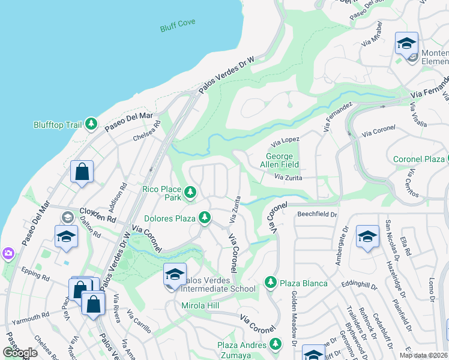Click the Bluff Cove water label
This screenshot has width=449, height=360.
pyautogui.click(x=178, y=28)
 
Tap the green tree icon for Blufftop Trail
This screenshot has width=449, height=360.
pyautogui.click(x=91, y=124)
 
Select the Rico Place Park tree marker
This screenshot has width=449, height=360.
pyautogui.click(x=190, y=192)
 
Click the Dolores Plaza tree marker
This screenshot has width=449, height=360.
pyautogui.click(x=205, y=217)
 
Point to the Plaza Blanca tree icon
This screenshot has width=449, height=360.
pyautogui.click(x=271, y=282)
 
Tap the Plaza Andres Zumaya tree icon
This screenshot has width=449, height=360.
pyautogui.click(x=276, y=344)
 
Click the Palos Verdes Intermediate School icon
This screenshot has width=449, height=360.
pyautogui.click(x=175, y=275)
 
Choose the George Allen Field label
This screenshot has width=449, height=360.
pyautogui.click(x=279, y=160)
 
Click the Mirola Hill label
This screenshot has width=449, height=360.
pyautogui.click(x=201, y=305)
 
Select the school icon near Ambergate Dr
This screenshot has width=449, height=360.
pyautogui.click(x=367, y=237)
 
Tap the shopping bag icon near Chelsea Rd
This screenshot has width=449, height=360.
pyautogui.click(x=82, y=172)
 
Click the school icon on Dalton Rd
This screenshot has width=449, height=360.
pyautogui.click(x=66, y=237)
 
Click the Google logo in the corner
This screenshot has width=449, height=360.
pyautogui.click(x=20, y=353)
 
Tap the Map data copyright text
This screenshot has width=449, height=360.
pyautogui.click(x=423, y=355)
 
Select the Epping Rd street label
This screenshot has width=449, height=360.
pyautogui.click(x=37, y=277)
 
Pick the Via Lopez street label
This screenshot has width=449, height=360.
pyautogui.click(x=285, y=142)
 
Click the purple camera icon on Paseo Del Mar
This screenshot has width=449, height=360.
pyautogui.click(x=7, y=254)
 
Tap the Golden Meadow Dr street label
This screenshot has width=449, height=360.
pyautogui.click(x=294, y=318)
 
